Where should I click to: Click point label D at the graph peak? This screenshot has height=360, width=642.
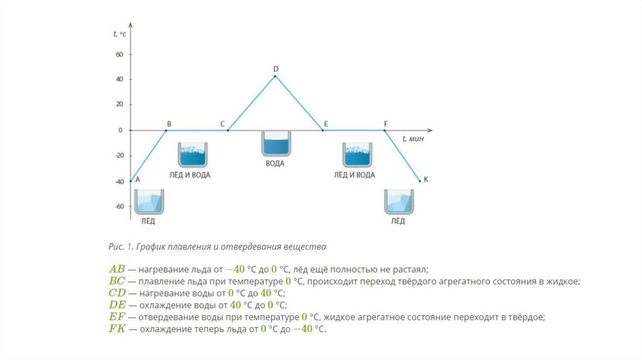pyautogui.click(x=276, y=68)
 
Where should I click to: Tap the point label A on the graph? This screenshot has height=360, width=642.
pyautogui.click(x=137, y=179)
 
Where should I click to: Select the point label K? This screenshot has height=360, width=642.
pyautogui.click(x=426, y=179)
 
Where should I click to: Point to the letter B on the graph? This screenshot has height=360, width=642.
pyautogui.click(x=169, y=124)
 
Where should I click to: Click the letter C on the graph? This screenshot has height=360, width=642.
pyautogui.click(x=223, y=124)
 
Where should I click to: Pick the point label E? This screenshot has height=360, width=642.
pyautogui.click(x=326, y=124)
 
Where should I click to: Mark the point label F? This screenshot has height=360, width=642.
pyautogui.click(x=386, y=124)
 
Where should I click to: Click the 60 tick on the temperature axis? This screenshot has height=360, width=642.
pyautogui.click(x=119, y=55)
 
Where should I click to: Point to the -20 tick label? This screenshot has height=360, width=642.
pyautogui.click(x=118, y=156)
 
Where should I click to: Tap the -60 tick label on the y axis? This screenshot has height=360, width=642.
pyautogui.click(x=118, y=206)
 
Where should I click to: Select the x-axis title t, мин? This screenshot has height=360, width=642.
pyautogui.click(x=413, y=138)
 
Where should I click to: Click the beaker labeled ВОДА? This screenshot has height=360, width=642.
pyautogui.click(x=275, y=144)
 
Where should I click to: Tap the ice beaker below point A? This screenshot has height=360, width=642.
pyautogui.click(x=149, y=201)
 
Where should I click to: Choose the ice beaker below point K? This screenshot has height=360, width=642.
pyautogui.click(x=398, y=201)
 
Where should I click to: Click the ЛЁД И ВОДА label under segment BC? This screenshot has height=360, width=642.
pyautogui.click(x=189, y=175)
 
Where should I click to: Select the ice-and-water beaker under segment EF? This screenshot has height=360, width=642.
pyautogui.click(x=357, y=155)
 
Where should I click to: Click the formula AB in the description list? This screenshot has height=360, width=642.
pyautogui.click(x=117, y=269)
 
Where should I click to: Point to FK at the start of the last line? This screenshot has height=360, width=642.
pyautogui.click(x=117, y=329)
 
